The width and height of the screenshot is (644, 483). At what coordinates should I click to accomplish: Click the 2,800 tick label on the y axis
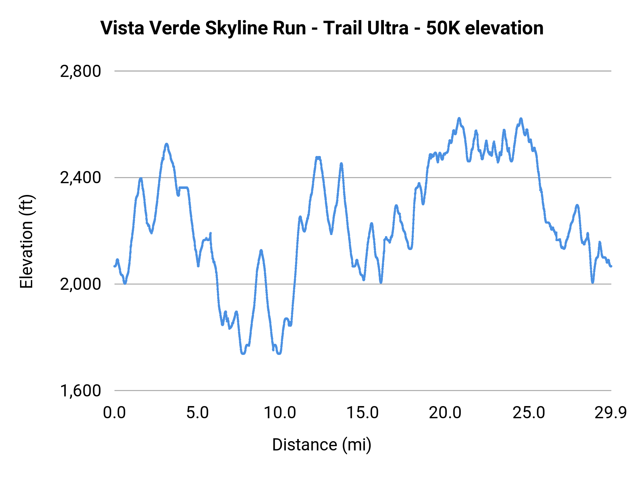pyautogui.click(x=80, y=71)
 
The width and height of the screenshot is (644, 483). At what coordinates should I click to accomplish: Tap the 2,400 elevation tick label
pyautogui.click(x=80, y=177)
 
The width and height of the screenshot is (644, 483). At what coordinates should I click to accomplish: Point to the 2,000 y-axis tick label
pyautogui.click(x=80, y=284)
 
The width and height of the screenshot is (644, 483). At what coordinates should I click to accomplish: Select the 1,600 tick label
pyautogui.click(x=80, y=390)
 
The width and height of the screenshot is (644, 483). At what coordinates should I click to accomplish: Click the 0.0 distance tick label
pyautogui.click(x=114, y=413)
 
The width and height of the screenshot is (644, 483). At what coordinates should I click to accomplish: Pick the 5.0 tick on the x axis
pyautogui.click(x=197, y=413)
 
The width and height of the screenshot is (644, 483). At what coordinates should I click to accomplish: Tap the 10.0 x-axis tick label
pyautogui.click(x=280, y=413)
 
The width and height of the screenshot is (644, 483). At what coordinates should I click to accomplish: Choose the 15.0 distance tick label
pyautogui.click(x=363, y=413)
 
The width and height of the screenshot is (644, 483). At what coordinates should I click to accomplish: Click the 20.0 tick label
pyautogui.click(x=445, y=413)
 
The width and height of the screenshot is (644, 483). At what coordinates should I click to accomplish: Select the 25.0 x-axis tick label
pyautogui.click(x=528, y=413)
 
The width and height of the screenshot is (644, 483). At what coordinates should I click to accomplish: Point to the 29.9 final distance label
pyautogui.click(x=611, y=413)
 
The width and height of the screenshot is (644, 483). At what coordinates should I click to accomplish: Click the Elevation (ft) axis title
pyautogui.click(x=26, y=241)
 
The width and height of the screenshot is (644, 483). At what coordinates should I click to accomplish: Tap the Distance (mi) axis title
pyautogui.click(x=322, y=445)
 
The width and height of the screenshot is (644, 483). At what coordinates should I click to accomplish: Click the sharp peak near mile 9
pyautogui.click(x=261, y=250)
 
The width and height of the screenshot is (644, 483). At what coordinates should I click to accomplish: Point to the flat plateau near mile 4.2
pyautogui.click(x=184, y=187)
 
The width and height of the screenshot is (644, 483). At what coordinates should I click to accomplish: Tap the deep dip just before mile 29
pyautogui.click(x=592, y=282)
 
